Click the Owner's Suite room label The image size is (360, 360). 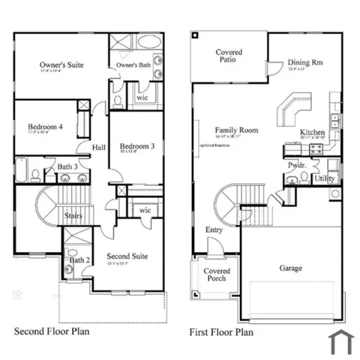(61, 65)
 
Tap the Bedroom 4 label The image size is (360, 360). (45, 127)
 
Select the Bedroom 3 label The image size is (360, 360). (136, 145)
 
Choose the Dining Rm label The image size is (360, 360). (305, 63)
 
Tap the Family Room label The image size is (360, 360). (236, 130)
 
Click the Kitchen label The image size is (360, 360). (313, 132)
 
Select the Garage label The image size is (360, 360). (291, 267)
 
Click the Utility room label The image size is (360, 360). (324, 178)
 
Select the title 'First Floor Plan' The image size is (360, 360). (221, 331)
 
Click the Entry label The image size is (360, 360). (214, 229)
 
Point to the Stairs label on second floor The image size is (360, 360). (73, 215)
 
